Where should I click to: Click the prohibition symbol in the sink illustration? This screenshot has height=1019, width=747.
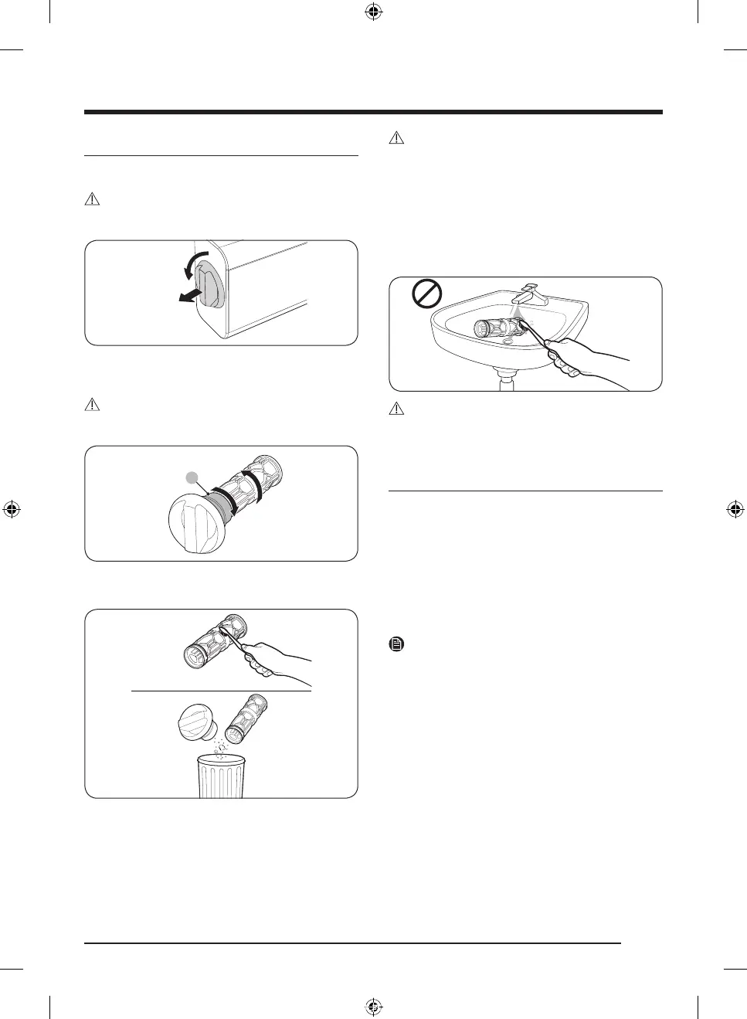(x=426, y=294)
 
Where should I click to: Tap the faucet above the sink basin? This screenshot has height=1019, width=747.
(x=534, y=294)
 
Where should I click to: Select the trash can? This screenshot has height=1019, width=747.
(x=221, y=776)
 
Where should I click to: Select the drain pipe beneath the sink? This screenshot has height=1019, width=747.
(x=507, y=381)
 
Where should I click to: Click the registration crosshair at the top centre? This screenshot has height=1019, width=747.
(x=373, y=12)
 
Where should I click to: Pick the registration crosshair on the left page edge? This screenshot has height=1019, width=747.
(x=12, y=509)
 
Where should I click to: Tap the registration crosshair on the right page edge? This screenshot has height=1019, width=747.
(x=735, y=509)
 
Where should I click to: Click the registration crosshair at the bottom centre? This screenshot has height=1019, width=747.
(x=373, y=1006)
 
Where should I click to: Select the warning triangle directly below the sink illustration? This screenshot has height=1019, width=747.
(x=396, y=409)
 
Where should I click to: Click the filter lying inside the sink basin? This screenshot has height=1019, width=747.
(x=494, y=329)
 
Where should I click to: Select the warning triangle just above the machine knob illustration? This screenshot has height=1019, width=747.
(x=92, y=199)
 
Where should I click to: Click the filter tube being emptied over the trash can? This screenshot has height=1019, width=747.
(x=248, y=716)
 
